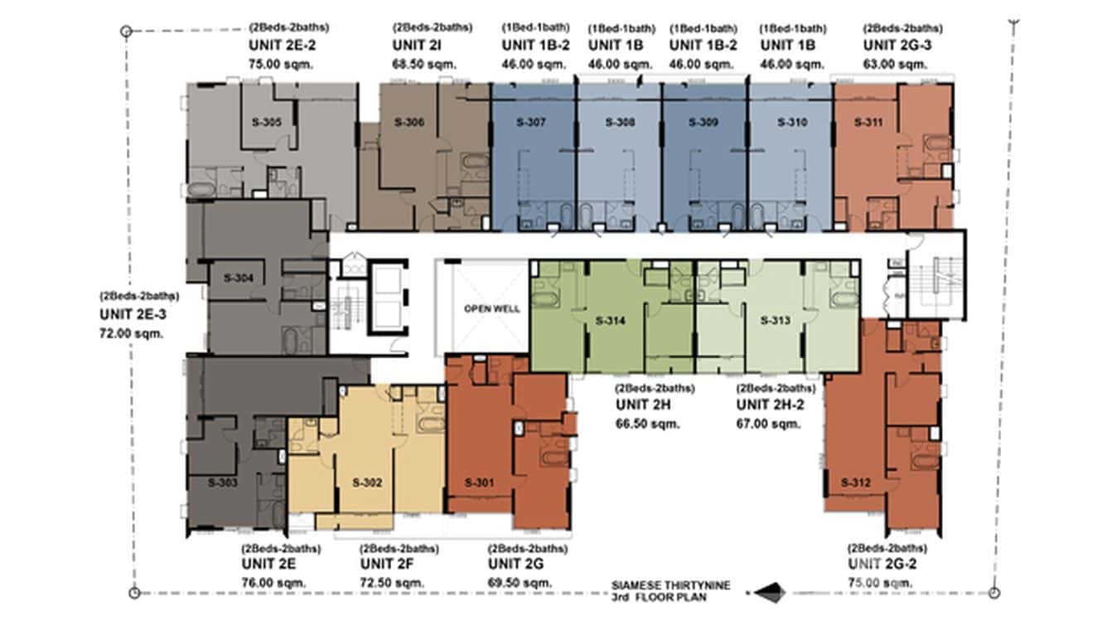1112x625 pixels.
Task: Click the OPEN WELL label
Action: pos(491,308)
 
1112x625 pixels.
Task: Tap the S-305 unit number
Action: pos(266,123)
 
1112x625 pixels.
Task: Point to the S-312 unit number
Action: pos(855,482)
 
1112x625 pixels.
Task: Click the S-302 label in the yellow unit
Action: pos(366,482)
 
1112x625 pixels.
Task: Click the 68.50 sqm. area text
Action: pos(424,63)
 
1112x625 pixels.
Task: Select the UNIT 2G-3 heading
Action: pos(897,46)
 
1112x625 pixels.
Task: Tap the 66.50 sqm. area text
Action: pos(647,424)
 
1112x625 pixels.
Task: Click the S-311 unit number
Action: pos(868,123)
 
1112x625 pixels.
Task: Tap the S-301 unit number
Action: pos(479,482)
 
